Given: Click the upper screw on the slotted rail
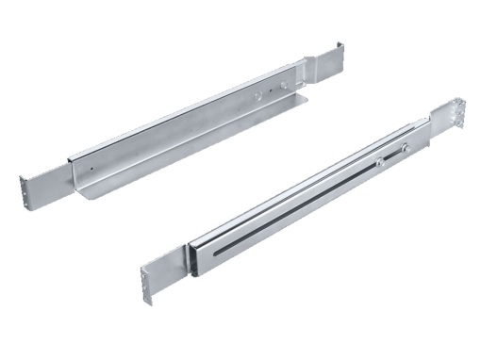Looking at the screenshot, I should [406, 146].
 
